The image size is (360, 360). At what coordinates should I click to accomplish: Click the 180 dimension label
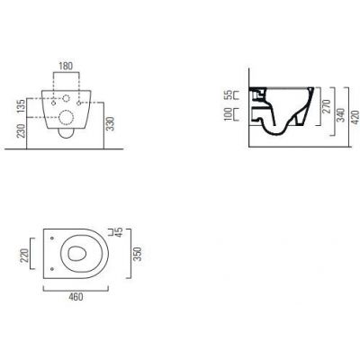click(66, 66)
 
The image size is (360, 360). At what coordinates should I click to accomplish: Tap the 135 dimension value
click(21, 106)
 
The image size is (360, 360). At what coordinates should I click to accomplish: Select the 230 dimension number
click(21, 130)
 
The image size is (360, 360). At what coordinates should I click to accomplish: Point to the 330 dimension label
click(111, 123)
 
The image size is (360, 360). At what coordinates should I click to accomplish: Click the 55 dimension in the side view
click(229, 94)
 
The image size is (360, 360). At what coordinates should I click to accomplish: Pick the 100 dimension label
click(229, 114)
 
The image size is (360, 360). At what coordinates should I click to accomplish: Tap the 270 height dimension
click(327, 106)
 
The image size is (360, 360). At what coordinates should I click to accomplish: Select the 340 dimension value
click(341, 115)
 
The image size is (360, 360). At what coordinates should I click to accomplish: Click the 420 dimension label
click(355, 117)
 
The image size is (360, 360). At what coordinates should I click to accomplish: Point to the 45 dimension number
click(119, 232)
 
